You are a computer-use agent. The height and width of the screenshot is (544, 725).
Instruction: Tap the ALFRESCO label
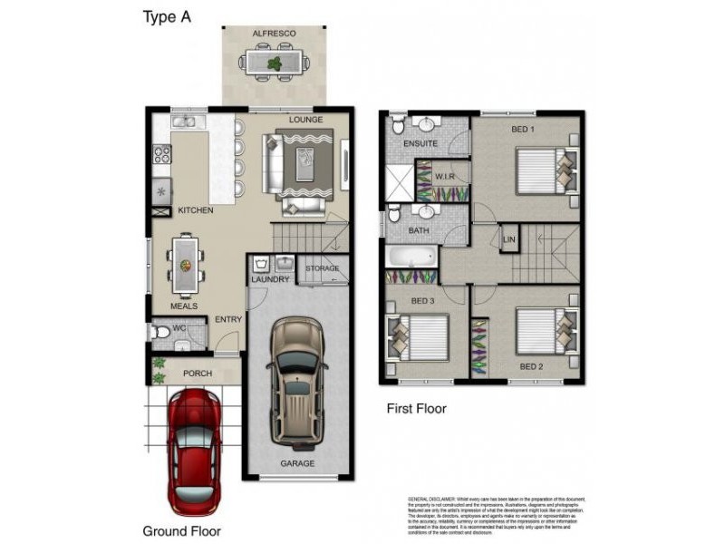pos(274,34)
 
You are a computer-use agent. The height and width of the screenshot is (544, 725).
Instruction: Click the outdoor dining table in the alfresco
pos(274,63)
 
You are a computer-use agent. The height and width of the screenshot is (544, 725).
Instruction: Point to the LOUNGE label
pos(305,120)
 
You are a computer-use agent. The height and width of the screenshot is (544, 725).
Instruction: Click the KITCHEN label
pos(195,210)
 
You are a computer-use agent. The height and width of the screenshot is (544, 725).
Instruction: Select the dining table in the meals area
pos(185,265)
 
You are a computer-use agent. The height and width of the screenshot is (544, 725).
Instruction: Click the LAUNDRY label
pos(271,279)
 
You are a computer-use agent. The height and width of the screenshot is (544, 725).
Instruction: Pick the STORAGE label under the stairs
pos(323,268)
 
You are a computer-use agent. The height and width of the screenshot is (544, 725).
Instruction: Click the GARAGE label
pos(297,463)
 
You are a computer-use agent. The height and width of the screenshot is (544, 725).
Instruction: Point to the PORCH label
pos(198,373)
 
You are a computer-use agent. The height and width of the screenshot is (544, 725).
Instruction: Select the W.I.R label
pos(444,176)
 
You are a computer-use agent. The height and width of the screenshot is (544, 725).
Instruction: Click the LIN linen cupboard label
pos(508,240)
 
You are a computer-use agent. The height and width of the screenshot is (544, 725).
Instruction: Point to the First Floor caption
pos(416,409)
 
